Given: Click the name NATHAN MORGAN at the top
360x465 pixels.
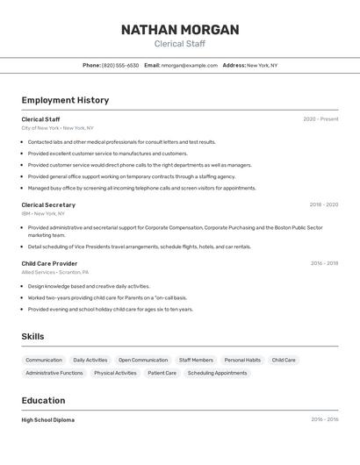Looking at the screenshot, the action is point(180,30).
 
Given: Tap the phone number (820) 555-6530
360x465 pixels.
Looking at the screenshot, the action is point(120,66).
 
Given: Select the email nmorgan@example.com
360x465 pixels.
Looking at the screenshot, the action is point(190,66).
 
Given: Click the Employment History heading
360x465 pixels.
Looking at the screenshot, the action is point(65,100).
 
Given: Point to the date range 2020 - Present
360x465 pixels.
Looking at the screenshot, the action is point(320,119).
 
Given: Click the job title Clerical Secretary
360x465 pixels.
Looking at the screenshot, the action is point(48,205).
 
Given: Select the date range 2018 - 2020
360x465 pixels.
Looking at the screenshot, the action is point(323,205).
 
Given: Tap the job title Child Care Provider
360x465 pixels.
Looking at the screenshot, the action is point(49,263).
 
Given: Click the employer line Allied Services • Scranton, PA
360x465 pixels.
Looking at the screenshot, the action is point(54,272).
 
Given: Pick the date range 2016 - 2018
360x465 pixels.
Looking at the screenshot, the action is point(324,263).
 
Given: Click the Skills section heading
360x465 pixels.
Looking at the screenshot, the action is point(32,337).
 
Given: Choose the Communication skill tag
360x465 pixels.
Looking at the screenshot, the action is point(44,360).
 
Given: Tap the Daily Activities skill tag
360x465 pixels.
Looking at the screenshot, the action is point(90,360).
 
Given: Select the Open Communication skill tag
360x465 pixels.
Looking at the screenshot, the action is point(143,360).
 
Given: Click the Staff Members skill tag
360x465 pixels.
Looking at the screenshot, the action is point(196,360).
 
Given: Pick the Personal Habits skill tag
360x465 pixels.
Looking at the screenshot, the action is point(242,360).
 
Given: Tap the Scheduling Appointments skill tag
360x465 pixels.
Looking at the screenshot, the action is point(217,373).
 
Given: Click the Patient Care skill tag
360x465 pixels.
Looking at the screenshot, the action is point(162,373).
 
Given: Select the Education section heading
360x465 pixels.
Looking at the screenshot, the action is point(44,401).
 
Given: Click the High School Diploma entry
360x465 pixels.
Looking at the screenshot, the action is point(48,420).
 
